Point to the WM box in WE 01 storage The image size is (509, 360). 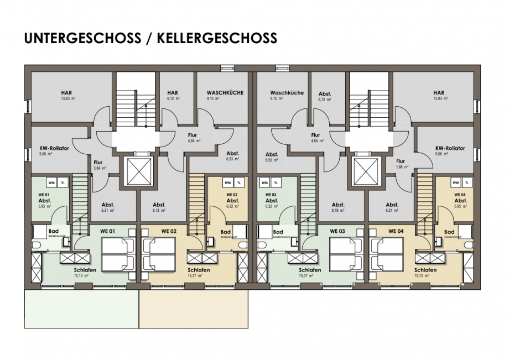[x=51, y=182]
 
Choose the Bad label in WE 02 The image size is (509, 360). [x=226, y=232]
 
